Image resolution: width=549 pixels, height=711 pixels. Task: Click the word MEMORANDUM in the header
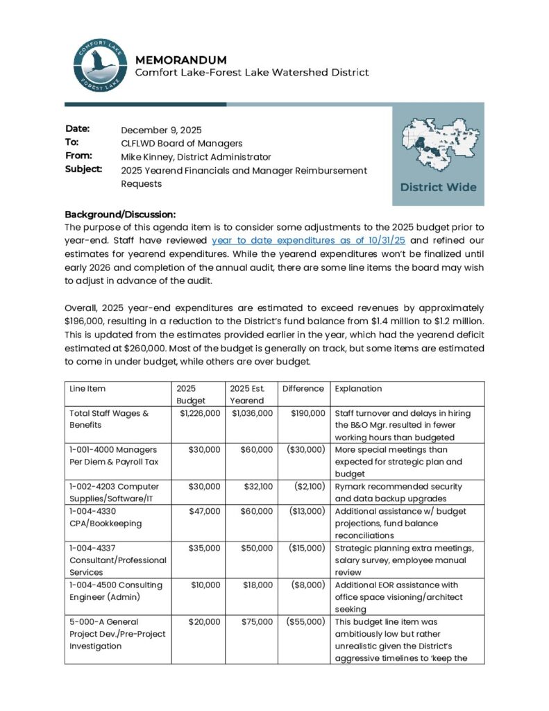[180, 60]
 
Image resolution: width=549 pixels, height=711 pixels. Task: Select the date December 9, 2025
[161, 130]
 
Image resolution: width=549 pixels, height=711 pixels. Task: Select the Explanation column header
[358, 389]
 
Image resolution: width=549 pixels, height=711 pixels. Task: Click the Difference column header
[303, 389]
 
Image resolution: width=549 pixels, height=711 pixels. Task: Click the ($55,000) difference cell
[303, 621]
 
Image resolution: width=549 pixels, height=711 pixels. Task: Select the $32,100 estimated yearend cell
[257, 487]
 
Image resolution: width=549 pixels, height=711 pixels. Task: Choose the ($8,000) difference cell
[305, 585]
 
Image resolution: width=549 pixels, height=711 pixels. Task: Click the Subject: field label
[83, 169]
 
